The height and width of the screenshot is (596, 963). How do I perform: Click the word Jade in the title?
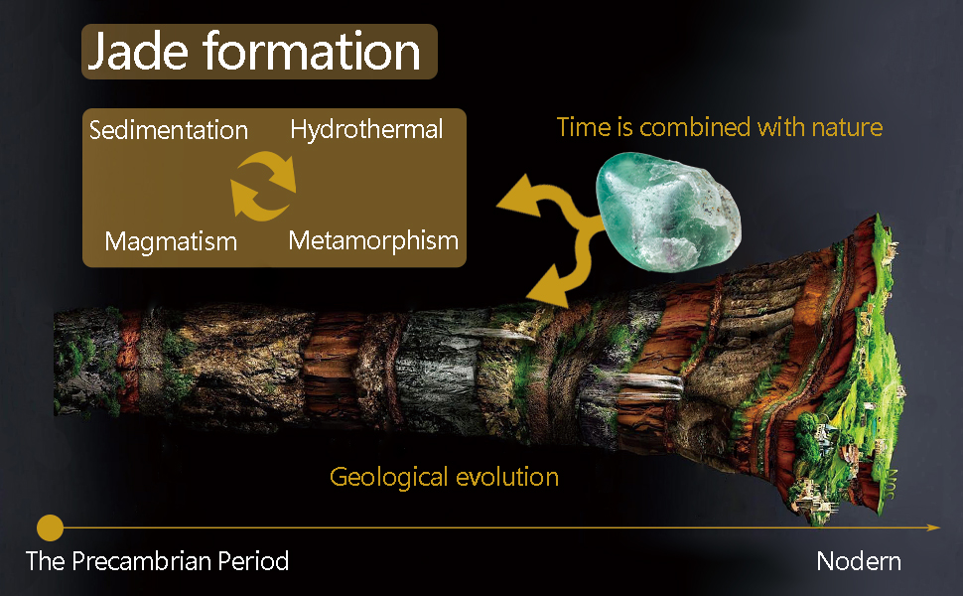[x=138, y=52]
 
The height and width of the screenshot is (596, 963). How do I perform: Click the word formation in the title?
[x=312, y=51]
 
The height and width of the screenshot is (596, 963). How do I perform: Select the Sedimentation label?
[x=169, y=130]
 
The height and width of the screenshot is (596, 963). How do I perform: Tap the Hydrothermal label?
[x=366, y=130]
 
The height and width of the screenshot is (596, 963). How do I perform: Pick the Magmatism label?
[x=171, y=241]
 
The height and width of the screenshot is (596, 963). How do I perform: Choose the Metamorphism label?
[x=373, y=240]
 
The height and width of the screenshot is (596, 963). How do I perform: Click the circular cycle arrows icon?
[x=263, y=186]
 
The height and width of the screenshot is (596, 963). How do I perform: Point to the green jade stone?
[x=668, y=211]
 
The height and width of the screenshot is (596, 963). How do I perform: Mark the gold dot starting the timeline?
[x=50, y=527]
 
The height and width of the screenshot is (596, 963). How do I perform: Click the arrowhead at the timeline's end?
[x=933, y=527]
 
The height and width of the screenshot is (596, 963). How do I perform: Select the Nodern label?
[x=859, y=561]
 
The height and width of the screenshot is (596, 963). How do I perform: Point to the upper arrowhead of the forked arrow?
[x=519, y=196]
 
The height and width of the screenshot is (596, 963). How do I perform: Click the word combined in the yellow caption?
[x=695, y=127]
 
